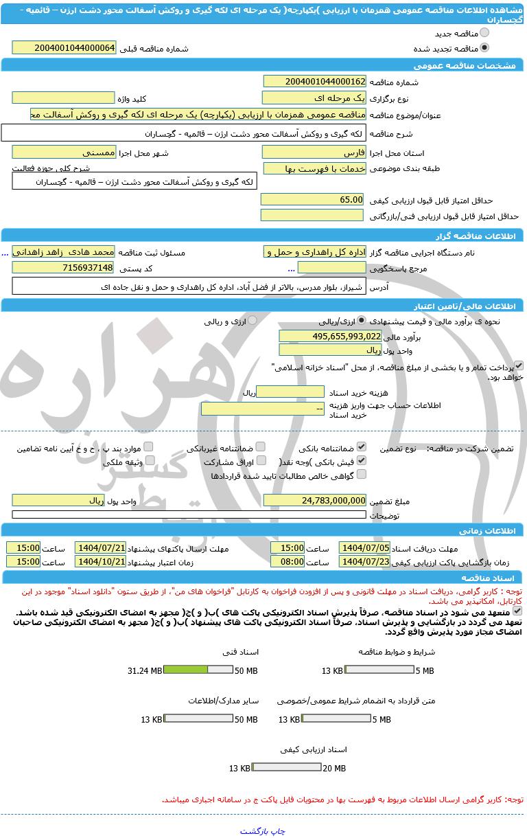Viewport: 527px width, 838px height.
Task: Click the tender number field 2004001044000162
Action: click(x=315, y=82)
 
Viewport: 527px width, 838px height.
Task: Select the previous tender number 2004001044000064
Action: click(x=65, y=47)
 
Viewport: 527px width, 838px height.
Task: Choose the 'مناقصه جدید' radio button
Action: click(x=484, y=32)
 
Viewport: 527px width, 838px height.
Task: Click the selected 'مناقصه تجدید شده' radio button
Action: click(x=484, y=48)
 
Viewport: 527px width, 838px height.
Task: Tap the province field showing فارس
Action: click(x=315, y=152)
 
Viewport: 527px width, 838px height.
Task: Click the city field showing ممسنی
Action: click(x=65, y=152)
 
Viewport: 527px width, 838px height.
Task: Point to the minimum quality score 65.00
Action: click(x=312, y=199)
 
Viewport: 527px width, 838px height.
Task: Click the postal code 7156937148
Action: click(x=65, y=267)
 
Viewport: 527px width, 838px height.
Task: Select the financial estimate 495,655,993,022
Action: click(x=330, y=336)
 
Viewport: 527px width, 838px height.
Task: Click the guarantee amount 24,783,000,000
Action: click(x=315, y=501)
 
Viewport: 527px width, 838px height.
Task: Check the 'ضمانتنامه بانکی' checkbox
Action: click(x=362, y=446)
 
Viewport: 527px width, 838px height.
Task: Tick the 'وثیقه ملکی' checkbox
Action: click(x=150, y=460)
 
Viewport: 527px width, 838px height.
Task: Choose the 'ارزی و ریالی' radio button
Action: click(x=253, y=320)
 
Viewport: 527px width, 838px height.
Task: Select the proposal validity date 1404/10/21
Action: click(x=100, y=561)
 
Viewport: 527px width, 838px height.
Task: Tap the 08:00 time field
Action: click(x=288, y=561)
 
